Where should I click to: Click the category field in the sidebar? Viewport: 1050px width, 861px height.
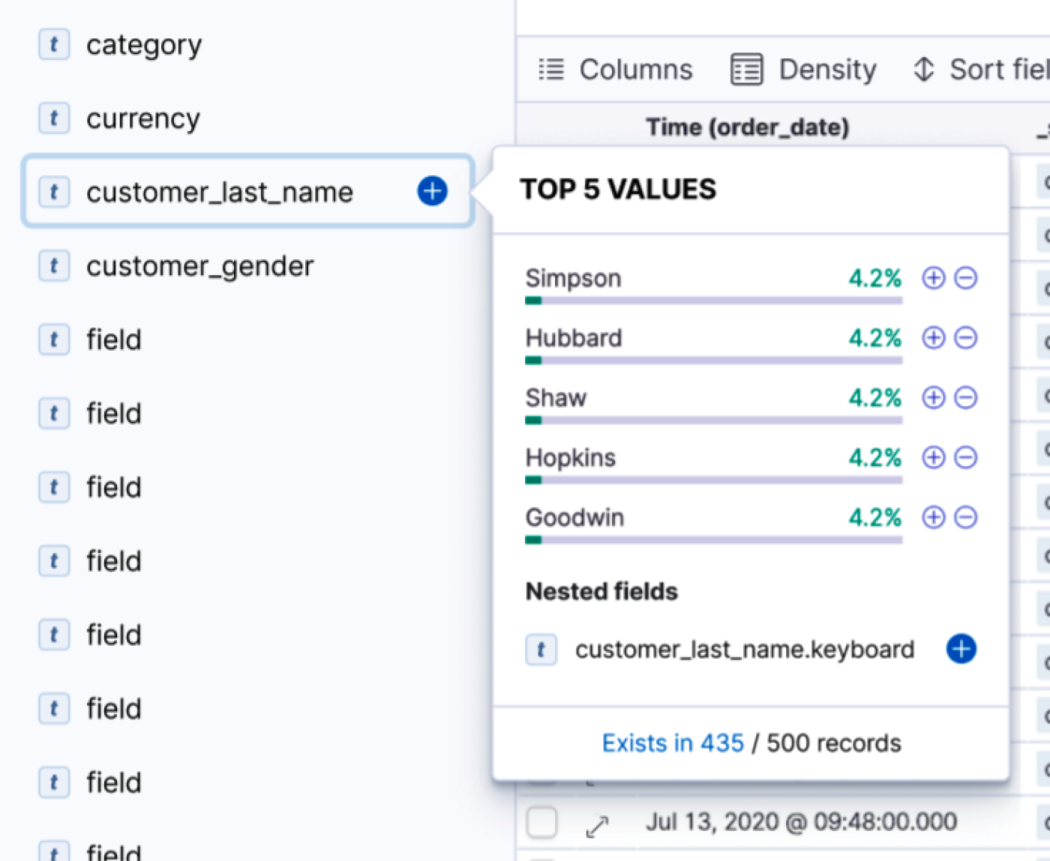pyautogui.click(x=143, y=45)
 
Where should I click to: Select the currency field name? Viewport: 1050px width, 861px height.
pyautogui.click(x=143, y=118)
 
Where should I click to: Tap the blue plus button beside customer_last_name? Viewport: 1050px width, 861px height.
pyautogui.click(x=432, y=191)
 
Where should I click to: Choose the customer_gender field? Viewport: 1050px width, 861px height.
pyautogui.click(x=199, y=266)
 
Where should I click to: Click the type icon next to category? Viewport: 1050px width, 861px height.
pyautogui.click(x=54, y=45)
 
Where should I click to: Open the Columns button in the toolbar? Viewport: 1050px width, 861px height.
pyautogui.click(x=616, y=70)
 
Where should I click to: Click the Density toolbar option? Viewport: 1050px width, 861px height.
pyautogui.click(x=803, y=70)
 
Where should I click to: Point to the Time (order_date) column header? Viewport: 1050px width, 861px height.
pyautogui.click(x=747, y=127)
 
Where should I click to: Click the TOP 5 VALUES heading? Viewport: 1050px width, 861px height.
pyautogui.click(x=618, y=190)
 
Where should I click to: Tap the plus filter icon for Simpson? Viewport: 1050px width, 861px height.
pyautogui.click(x=933, y=278)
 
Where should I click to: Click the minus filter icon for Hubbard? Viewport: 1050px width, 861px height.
pyautogui.click(x=966, y=338)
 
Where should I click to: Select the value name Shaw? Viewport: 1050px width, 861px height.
pyautogui.click(x=556, y=398)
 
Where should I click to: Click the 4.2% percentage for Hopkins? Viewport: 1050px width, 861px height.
pyautogui.click(x=874, y=457)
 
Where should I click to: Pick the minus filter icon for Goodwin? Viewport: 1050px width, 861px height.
pyautogui.click(x=966, y=517)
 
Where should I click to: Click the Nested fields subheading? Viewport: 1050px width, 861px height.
pyautogui.click(x=601, y=591)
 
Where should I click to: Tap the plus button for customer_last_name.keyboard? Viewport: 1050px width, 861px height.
pyautogui.click(x=961, y=649)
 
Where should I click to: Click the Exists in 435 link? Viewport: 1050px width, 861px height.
pyautogui.click(x=673, y=743)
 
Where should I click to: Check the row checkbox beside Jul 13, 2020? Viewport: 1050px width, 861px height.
pyautogui.click(x=541, y=822)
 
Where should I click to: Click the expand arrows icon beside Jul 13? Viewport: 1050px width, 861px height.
pyautogui.click(x=597, y=827)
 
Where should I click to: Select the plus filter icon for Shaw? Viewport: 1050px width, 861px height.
pyautogui.click(x=933, y=398)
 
